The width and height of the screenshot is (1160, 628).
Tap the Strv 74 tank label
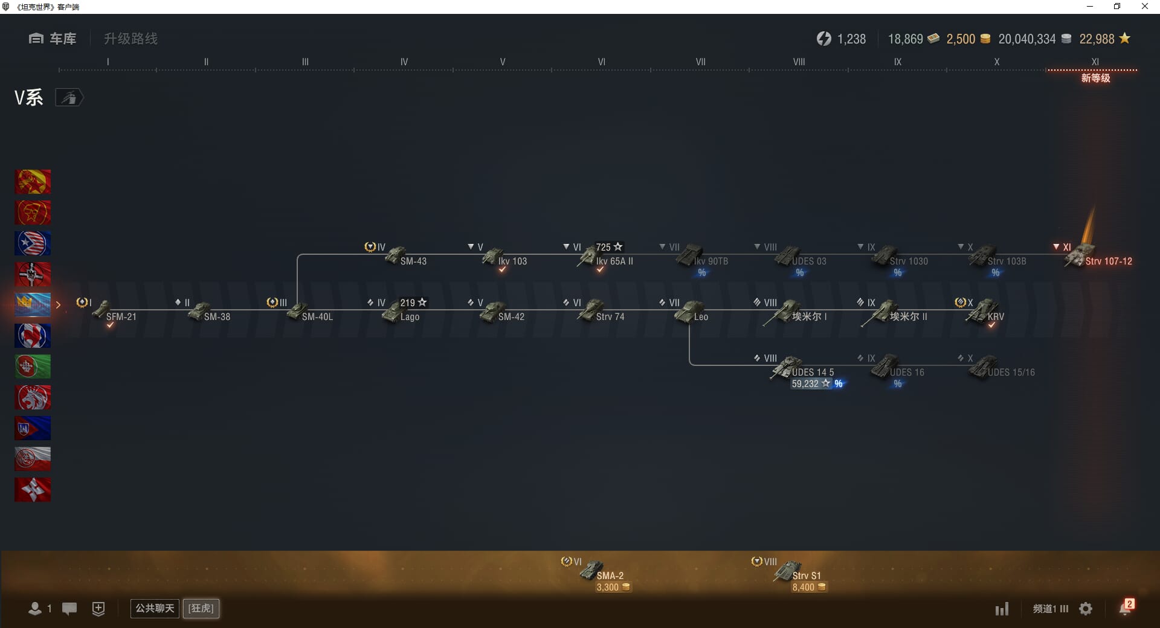point(610,317)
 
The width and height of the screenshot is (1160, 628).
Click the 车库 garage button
point(53,39)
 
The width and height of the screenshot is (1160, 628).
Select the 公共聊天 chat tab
point(155,608)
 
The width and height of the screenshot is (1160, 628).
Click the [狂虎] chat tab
point(201,608)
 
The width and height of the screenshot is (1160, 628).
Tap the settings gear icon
point(1086,609)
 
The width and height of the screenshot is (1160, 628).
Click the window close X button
point(1144,7)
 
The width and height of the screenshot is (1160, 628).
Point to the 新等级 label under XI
point(1095,78)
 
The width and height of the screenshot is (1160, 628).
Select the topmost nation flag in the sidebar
point(33,182)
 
